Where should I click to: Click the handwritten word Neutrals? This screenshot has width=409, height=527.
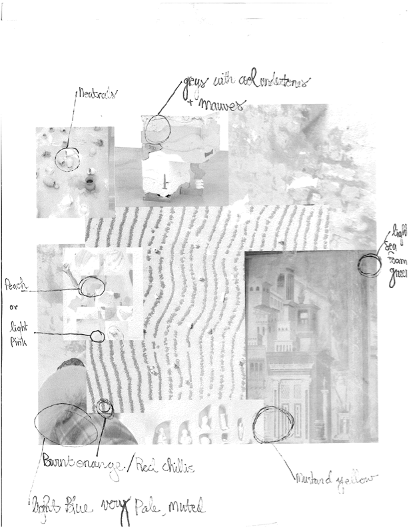pos(96,95)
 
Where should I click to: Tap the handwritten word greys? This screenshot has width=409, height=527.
pos(195,85)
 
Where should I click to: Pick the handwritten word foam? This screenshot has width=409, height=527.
pos(397,261)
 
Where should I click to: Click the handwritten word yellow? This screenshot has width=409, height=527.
pos(359,478)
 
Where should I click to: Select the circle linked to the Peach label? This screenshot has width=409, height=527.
pos(91,287)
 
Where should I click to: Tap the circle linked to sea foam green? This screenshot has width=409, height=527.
pos(368,265)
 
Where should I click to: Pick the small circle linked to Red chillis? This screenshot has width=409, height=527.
pos(104,407)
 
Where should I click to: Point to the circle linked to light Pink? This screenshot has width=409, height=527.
pos(97,334)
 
